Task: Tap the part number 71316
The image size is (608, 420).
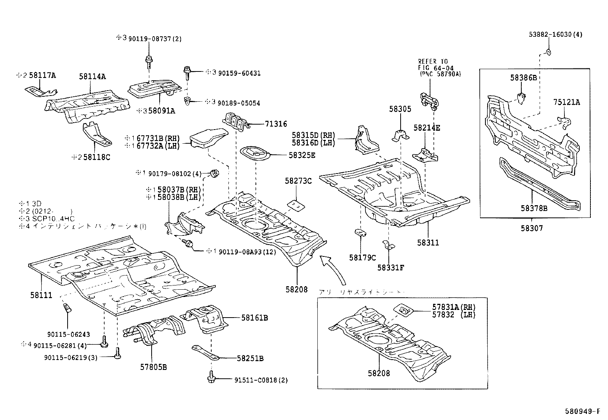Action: coord(276,124)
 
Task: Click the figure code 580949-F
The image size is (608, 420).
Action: coord(585,412)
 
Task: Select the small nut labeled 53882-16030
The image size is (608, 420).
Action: coord(548,52)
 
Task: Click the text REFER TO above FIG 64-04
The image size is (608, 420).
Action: coord(433,61)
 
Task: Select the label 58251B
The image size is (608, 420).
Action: coord(250,358)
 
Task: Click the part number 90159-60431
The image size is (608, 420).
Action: coord(239,73)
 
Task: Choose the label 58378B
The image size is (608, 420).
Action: coord(534,208)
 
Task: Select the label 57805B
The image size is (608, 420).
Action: coord(153,368)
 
